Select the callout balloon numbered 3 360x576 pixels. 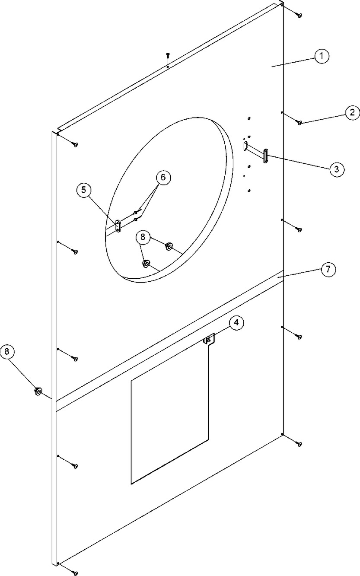coord(337,169)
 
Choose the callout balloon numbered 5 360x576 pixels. coord(84,190)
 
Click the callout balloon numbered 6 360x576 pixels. coord(163,178)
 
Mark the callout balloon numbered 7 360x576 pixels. coord(328,270)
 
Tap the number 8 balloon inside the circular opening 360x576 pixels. coord(143,237)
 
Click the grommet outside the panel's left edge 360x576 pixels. coord(38,391)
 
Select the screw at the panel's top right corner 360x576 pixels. coord(299,15)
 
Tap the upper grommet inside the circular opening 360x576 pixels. coord(169,246)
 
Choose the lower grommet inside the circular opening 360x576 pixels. coord(146,264)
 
